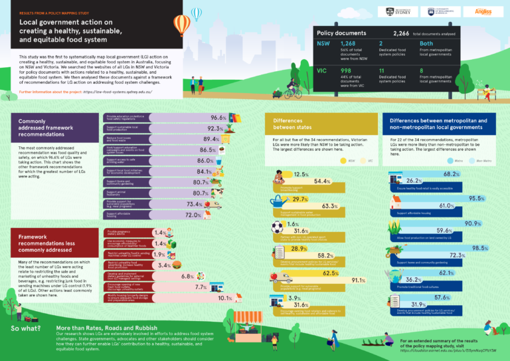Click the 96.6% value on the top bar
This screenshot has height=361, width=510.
point(219,118)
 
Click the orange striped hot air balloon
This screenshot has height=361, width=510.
point(181,25)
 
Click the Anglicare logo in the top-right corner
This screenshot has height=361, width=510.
point(483,11)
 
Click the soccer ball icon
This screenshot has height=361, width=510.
point(277,227)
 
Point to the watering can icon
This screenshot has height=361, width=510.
point(276,201)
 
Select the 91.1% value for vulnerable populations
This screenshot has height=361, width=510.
point(357,280)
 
